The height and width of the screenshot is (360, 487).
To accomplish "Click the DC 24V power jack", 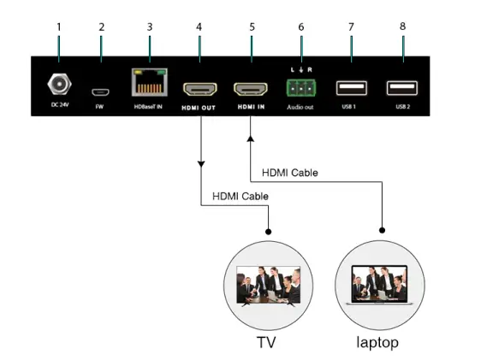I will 59,86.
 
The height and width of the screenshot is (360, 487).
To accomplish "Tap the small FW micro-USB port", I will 101,90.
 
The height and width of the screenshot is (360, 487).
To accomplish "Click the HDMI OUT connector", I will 199,89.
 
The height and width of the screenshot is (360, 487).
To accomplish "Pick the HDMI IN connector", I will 252,89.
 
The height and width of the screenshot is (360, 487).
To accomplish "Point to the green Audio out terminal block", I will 300,87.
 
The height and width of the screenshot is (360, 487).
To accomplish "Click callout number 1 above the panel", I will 58,27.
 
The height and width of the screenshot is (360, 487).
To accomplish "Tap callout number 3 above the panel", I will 150,27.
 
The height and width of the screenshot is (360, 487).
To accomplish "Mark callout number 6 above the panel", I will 300,27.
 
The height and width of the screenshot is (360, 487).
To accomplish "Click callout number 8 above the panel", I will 402,27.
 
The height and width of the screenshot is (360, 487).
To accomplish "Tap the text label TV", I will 267,342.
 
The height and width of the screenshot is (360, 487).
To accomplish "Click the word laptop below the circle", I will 377,342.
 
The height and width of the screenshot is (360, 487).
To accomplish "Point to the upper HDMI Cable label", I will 289,173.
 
